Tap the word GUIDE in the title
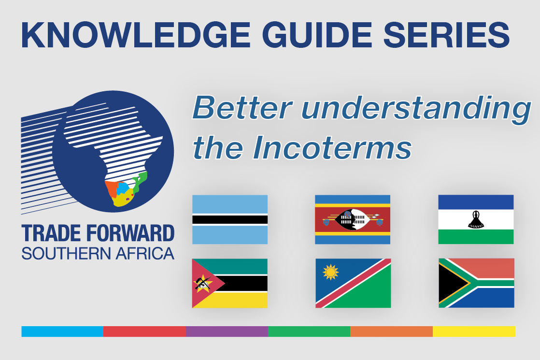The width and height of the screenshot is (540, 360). coord(317,35)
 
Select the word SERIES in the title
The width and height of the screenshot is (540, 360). coord(446,35)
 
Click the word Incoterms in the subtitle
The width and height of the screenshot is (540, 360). coord(332,147)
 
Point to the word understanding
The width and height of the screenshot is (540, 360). coord(416,107)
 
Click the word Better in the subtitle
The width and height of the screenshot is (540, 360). coord(242,107)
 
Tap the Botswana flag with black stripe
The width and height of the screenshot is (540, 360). coord(230,219)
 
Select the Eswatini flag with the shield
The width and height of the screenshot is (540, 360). coord(353,219)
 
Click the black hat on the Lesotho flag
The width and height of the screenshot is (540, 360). coord(476,219)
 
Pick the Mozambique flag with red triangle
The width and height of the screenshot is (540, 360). coord(230,283)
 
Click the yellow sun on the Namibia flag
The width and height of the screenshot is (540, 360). coord(330,273)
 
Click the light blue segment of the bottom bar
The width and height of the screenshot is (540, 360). coord(62,331)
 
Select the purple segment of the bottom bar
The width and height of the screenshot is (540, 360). coord(227,331)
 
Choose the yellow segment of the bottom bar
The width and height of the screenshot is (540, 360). coord(474,331)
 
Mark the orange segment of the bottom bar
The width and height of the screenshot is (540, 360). coord(392,331)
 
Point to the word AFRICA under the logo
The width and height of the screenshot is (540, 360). coord(145,254)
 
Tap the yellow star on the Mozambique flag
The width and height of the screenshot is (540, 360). coord(203,283)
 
